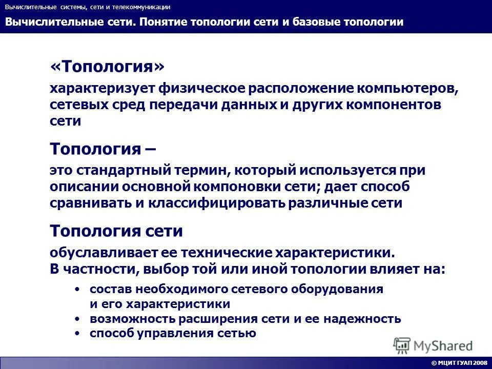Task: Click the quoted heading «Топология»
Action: click(x=108, y=67)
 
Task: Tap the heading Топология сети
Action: click(x=116, y=231)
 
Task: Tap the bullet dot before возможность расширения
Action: click(x=77, y=319)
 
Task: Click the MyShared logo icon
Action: click(x=402, y=345)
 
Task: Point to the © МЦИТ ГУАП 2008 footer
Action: click(x=459, y=363)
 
